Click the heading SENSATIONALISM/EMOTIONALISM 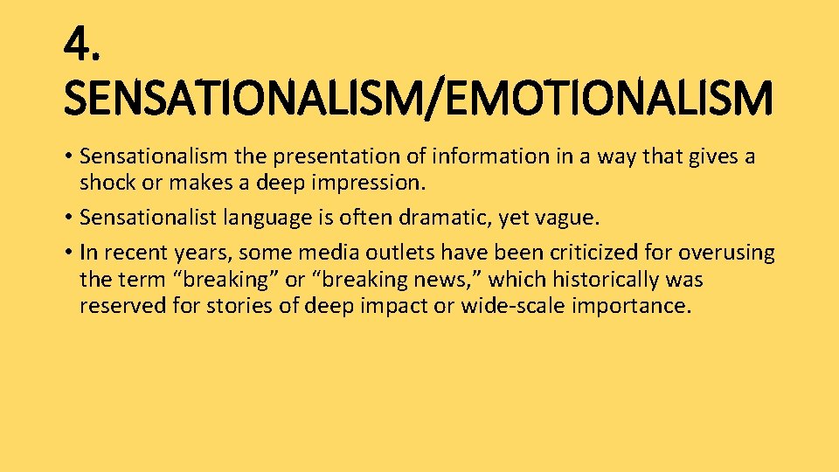pos(418,98)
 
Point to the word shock pos(104,183)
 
